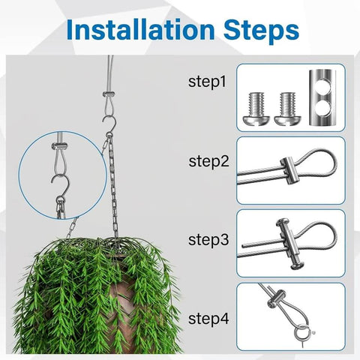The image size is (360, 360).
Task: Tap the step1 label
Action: point(208,81)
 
